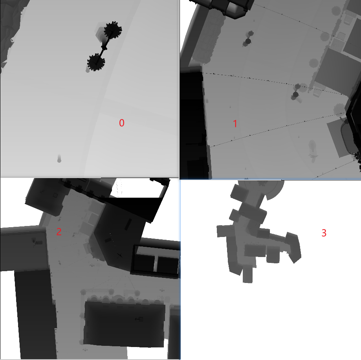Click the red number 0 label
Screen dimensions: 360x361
tap(122, 123)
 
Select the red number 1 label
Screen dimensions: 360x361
tap(235, 124)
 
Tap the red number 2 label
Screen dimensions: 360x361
tap(59, 232)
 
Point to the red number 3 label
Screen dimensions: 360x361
tap(324, 233)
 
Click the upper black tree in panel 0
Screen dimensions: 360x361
tap(113, 30)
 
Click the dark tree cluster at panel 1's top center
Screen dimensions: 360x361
tap(248, 39)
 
